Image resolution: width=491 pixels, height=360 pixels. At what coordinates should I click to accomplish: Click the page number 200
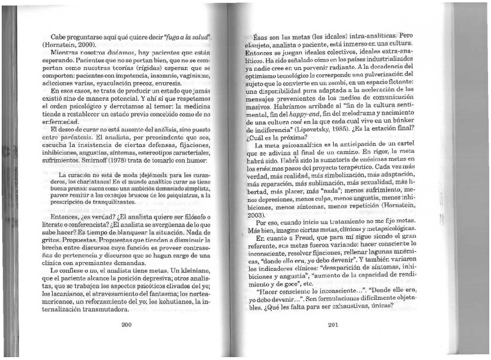[x=128, y=325]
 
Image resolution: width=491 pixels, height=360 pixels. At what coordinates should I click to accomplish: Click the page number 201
[x=334, y=325]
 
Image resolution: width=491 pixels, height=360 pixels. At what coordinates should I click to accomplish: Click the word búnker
[x=397, y=120]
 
